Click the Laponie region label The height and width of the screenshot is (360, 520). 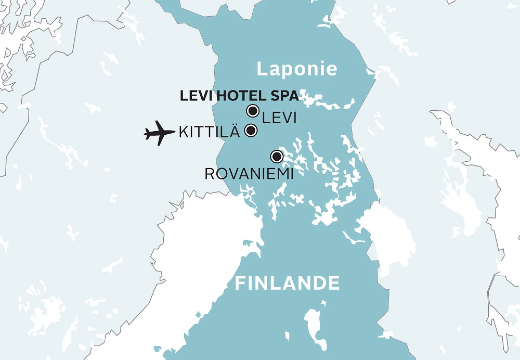tap(297, 69)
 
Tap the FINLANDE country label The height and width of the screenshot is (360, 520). tap(287, 284)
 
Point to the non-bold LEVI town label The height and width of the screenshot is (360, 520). tap(279, 118)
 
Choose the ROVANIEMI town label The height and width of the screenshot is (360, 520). tap(249, 174)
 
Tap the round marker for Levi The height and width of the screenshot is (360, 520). tap(253, 110)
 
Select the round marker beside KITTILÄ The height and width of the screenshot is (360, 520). tap(251, 131)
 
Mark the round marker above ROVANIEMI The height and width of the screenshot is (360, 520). tap(277, 156)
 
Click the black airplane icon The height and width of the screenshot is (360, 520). tap(160, 133)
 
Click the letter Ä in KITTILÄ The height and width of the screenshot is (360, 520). tap(235, 131)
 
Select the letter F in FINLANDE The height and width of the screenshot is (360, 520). tap(240, 284)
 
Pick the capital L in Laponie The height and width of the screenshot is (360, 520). tap(262, 69)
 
